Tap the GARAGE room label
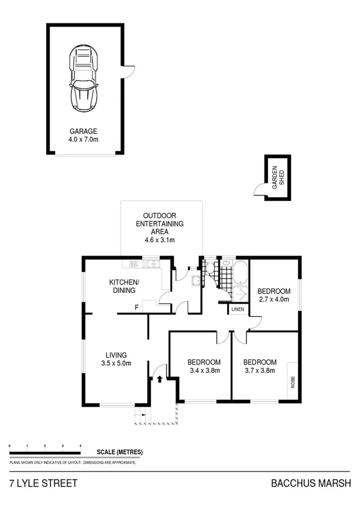[x=83, y=131]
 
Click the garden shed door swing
[x=258, y=190]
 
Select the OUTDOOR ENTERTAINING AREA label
[x=159, y=224]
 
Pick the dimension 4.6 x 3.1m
[x=159, y=241]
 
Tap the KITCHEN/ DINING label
[x=124, y=286]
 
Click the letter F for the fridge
[x=136, y=308]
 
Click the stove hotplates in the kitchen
[x=133, y=263]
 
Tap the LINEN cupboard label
[x=238, y=309]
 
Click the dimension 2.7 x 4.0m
[x=274, y=298]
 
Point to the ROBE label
[x=293, y=382]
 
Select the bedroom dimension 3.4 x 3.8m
[x=204, y=371]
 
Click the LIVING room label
[x=116, y=355]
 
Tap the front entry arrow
[x=160, y=379]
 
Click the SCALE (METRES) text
[x=120, y=452]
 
